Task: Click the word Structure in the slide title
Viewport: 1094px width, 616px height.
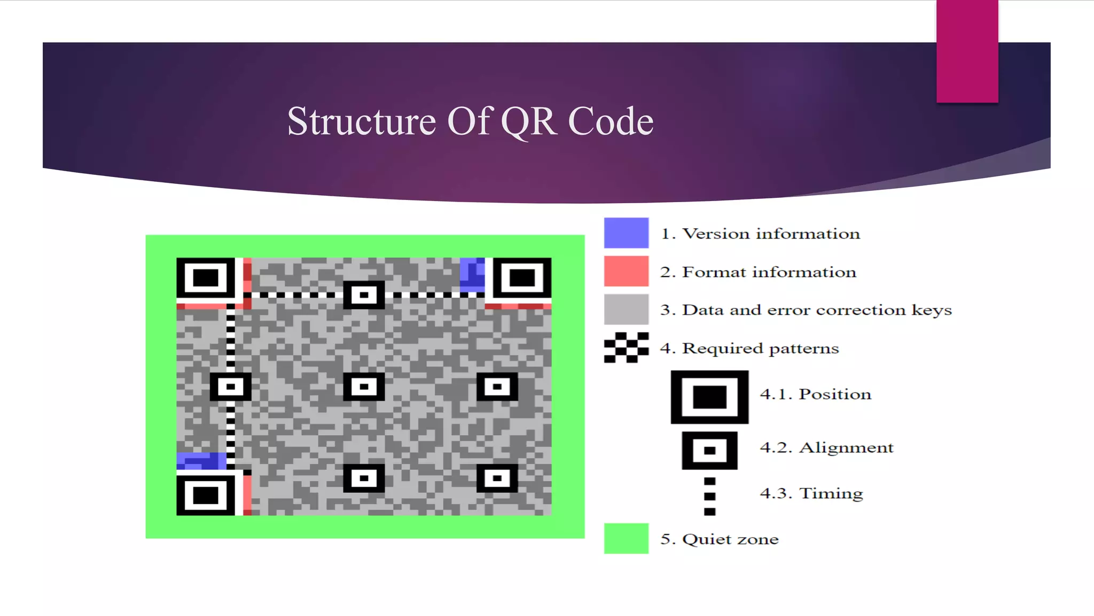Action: (362, 121)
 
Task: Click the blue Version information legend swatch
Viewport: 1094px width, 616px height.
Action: (626, 233)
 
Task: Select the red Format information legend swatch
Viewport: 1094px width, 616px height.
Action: (626, 271)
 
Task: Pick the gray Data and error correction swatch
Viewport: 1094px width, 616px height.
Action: (626, 309)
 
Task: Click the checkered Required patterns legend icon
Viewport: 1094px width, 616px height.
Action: (626, 348)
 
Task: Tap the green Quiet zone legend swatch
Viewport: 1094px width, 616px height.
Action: (626, 538)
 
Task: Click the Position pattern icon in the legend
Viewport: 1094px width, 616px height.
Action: (709, 397)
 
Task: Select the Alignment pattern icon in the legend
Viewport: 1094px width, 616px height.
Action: (709, 450)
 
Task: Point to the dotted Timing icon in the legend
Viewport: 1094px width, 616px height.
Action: (709, 496)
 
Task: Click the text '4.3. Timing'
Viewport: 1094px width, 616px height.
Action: (811, 493)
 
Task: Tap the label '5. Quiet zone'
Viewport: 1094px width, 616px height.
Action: (719, 539)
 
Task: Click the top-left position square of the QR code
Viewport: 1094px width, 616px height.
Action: (206, 278)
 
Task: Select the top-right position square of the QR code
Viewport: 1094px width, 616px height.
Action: (522, 278)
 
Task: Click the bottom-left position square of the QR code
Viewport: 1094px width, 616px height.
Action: (206, 495)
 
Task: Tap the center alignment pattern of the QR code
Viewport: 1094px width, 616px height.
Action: (364, 387)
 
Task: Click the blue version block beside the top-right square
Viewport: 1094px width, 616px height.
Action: (472, 275)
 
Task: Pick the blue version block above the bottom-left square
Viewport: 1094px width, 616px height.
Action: (201, 461)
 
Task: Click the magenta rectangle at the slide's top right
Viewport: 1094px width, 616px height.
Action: (967, 51)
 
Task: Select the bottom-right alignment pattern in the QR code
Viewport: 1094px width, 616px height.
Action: (497, 478)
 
